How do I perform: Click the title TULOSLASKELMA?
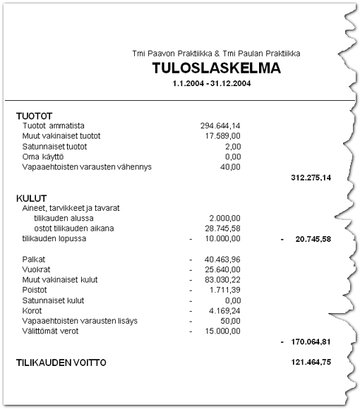215,68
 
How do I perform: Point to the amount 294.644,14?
220,126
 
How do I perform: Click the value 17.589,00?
223,135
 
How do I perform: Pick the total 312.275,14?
311,178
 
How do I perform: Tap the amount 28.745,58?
224,228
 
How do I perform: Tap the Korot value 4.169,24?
226,310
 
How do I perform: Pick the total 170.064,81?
311,341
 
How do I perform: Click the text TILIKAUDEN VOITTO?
61,362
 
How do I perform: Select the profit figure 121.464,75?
311,362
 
